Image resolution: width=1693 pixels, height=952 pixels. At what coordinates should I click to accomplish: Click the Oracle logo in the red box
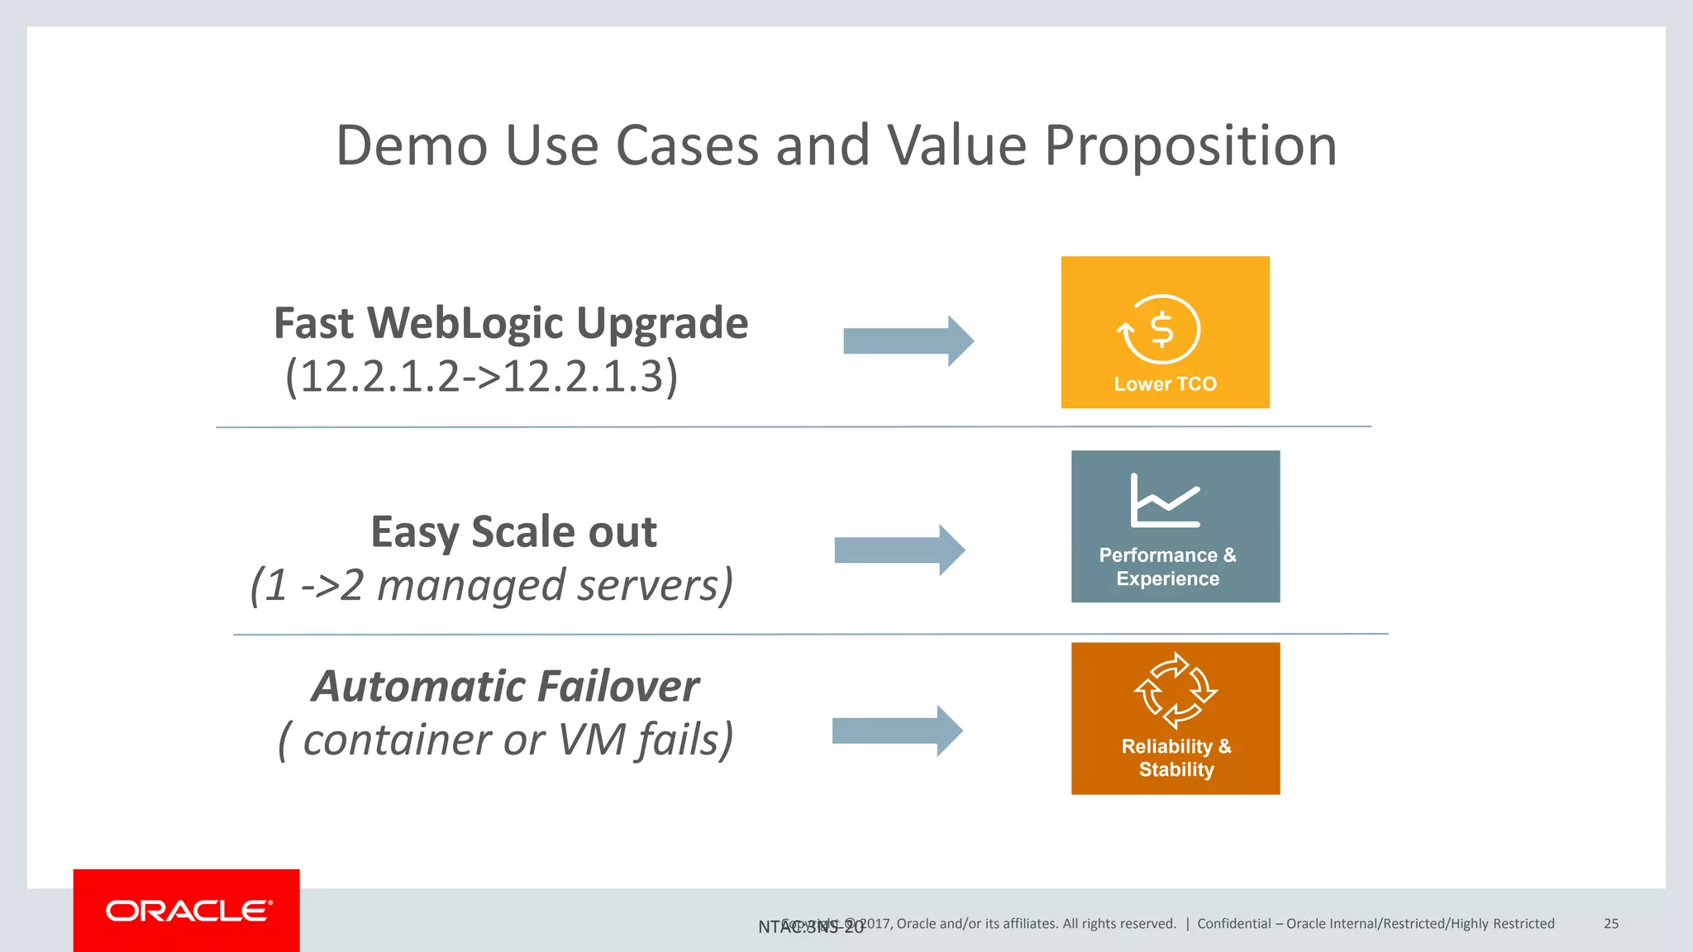(188, 911)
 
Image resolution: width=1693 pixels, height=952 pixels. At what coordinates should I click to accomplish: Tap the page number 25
(1610, 924)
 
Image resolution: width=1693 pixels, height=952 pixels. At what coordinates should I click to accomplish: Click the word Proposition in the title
(1190, 146)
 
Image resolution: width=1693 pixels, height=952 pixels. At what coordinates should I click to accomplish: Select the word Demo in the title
(411, 146)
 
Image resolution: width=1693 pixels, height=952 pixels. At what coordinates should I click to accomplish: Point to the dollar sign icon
(1162, 330)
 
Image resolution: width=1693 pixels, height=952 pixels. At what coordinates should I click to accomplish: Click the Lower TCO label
(1165, 384)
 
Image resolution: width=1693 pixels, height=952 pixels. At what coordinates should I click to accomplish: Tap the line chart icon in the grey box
(1164, 501)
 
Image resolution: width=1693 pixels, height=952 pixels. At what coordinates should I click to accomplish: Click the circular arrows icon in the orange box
(1175, 691)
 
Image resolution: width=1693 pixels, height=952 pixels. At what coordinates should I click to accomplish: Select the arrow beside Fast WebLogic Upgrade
(908, 340)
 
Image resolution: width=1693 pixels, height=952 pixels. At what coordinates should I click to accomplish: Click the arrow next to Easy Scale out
(899, 550)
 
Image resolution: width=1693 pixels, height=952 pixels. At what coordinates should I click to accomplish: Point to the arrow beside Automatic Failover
(897, 731)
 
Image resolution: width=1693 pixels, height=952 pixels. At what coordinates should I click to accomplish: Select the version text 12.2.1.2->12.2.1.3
(481, 377)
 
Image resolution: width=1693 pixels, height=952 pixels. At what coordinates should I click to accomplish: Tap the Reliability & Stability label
(1176, 758)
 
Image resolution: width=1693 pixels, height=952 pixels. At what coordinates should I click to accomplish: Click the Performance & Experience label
(1167, 567)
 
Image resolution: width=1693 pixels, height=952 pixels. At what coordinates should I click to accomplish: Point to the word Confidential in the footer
(1233, 924)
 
